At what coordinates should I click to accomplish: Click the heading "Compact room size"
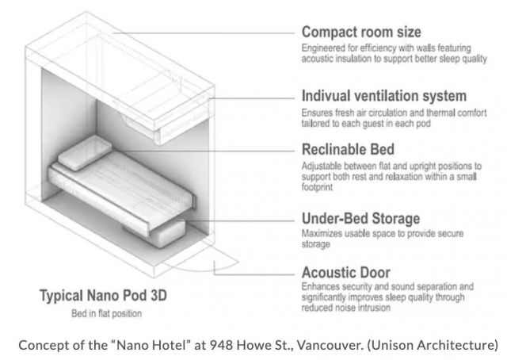[361, 32]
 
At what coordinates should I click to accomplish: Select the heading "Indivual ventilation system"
[384, 96]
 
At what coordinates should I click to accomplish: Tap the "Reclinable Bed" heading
[348, 150]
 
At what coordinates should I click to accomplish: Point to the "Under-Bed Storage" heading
[361, 219]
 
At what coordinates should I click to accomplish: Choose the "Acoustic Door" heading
[346, 273]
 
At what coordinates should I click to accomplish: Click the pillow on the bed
[85, 153]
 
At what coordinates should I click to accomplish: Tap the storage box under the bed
[162, 232]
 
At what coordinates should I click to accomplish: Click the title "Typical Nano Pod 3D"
[103, 296]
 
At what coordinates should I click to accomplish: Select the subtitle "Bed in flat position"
[106, 313]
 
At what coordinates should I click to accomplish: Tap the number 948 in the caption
[221, 345]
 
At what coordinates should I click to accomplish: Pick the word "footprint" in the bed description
[317, 187]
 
